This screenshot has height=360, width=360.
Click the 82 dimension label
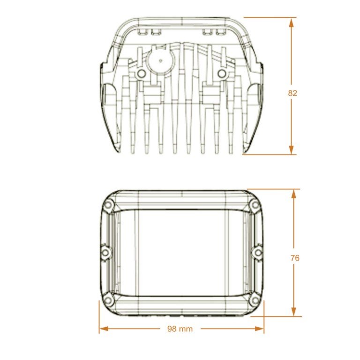pos(292,93)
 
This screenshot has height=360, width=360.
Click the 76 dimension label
pos(295,258)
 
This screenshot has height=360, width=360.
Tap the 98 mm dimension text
pos(180,329)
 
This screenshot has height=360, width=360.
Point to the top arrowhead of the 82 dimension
pos(291,23)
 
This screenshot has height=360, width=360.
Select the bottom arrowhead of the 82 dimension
pos(291,150)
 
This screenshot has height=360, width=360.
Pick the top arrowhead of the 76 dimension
pos(293,195)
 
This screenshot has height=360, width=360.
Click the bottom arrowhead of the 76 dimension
pos(293,311)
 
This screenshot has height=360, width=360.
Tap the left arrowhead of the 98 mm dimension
pos(104,329)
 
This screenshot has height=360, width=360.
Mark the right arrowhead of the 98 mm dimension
pos(259,329)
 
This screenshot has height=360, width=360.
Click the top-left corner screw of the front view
pos(108,205)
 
